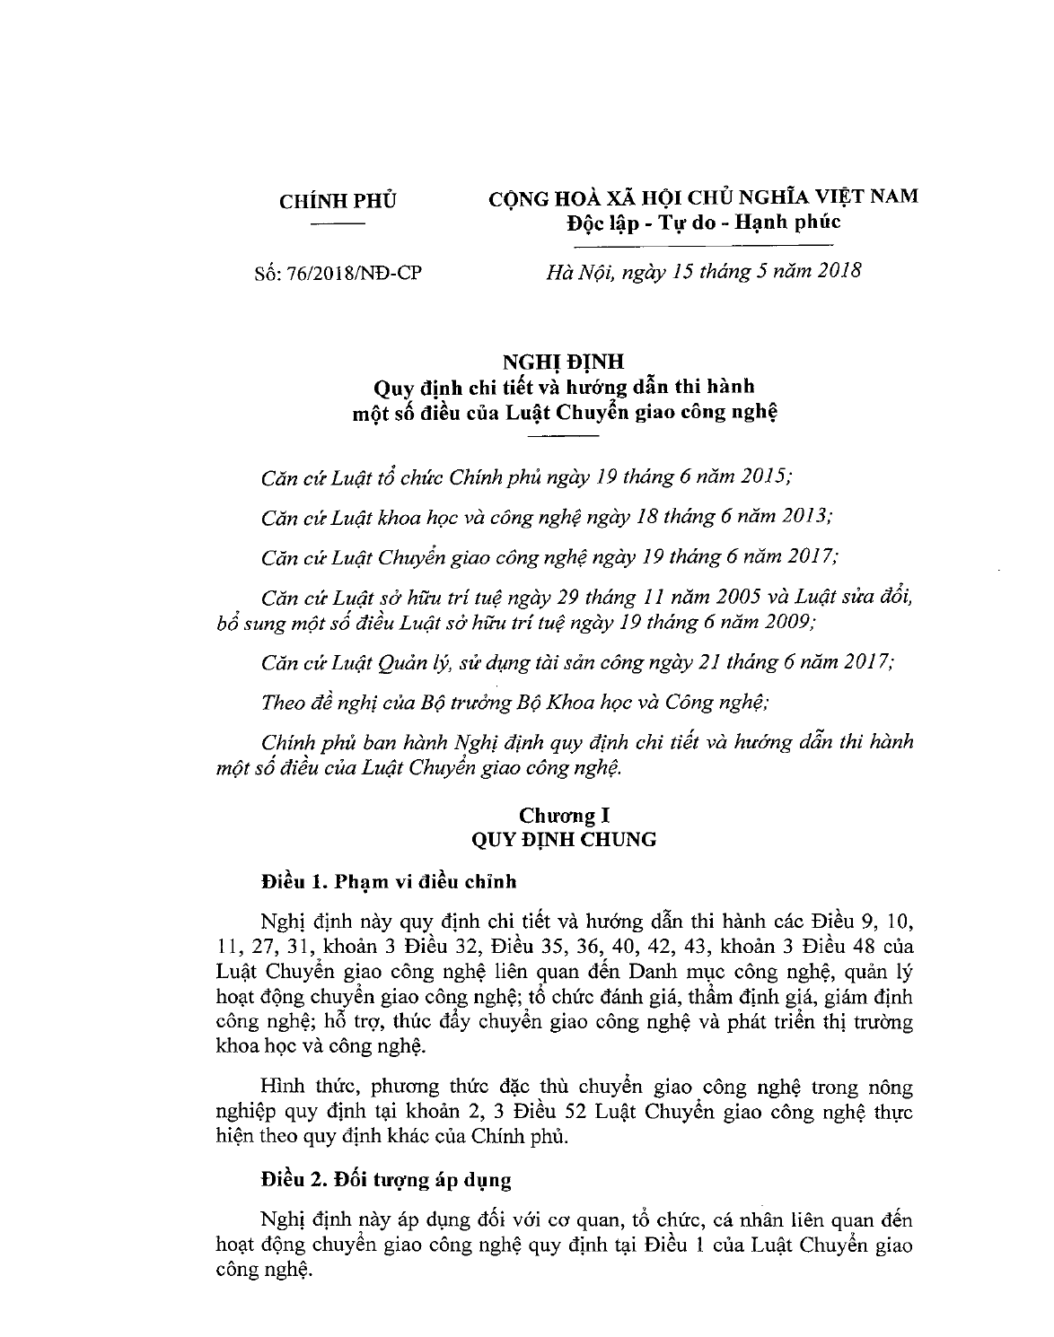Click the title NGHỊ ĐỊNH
[562, 363]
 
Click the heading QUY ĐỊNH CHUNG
[564, 840]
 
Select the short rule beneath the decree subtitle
[562, 435]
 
